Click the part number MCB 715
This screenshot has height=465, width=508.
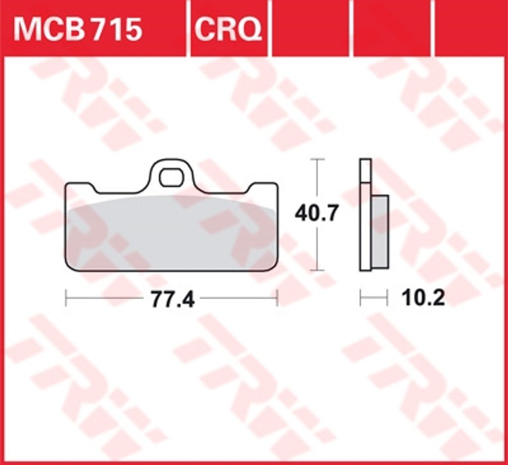[78, 29]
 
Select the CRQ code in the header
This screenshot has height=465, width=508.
[228, 29]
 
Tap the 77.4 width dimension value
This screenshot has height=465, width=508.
[173, 299]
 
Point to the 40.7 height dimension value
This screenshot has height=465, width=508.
[317, 213]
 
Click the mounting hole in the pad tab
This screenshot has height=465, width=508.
[171, 178]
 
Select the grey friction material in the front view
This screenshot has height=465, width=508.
[171, 232]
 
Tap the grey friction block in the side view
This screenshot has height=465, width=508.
[380, 232]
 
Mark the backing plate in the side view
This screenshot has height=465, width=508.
[366, 215]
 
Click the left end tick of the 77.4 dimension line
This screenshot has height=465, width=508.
[66, 298]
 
